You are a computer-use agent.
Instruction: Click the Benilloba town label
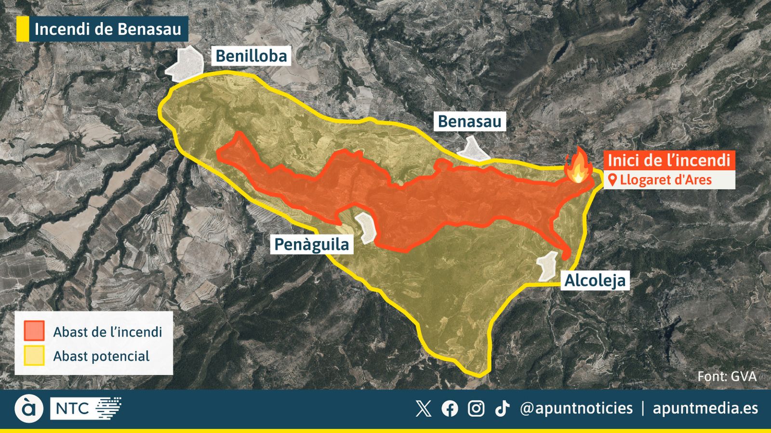(x=251, y=56)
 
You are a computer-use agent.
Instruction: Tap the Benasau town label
(x=469, y=121)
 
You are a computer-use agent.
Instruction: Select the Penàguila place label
(x=311, y=244)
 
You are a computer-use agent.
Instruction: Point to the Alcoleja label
(x=595, y=280)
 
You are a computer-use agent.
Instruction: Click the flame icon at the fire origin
(x=578, y=166)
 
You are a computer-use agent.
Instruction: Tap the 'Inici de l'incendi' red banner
(x=669, y=160)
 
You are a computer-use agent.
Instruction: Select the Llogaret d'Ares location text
(x=665, y=180)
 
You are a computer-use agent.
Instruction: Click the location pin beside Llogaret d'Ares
(x=612, y=180)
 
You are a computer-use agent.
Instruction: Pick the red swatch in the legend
(x=34, y=331)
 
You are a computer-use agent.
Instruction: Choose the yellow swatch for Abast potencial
(x=34, y=356)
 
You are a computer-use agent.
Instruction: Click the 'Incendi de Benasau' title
(x=107, y=29)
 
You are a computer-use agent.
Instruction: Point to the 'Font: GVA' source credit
(x=727, y=376)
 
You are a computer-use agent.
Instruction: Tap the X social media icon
(x=423, y=408)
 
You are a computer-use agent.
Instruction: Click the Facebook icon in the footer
(x=450, y=408)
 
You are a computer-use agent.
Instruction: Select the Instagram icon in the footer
(x=476, y=408)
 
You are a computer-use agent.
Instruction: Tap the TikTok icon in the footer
(x=502, y=408)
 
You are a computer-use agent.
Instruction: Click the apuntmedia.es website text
(x=705, y=408)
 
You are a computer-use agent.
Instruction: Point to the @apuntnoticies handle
(x=576, y=408)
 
